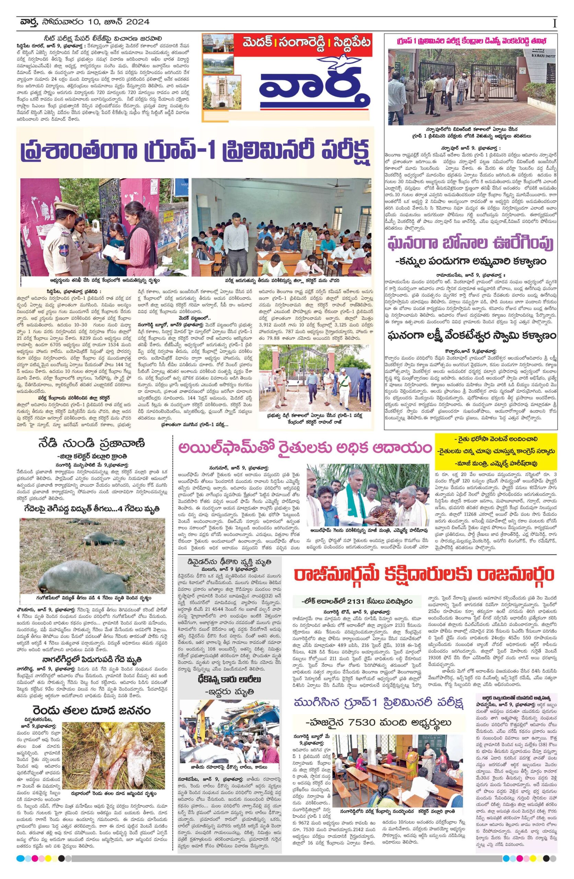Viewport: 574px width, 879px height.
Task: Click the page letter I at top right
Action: click(x=554, y=24)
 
